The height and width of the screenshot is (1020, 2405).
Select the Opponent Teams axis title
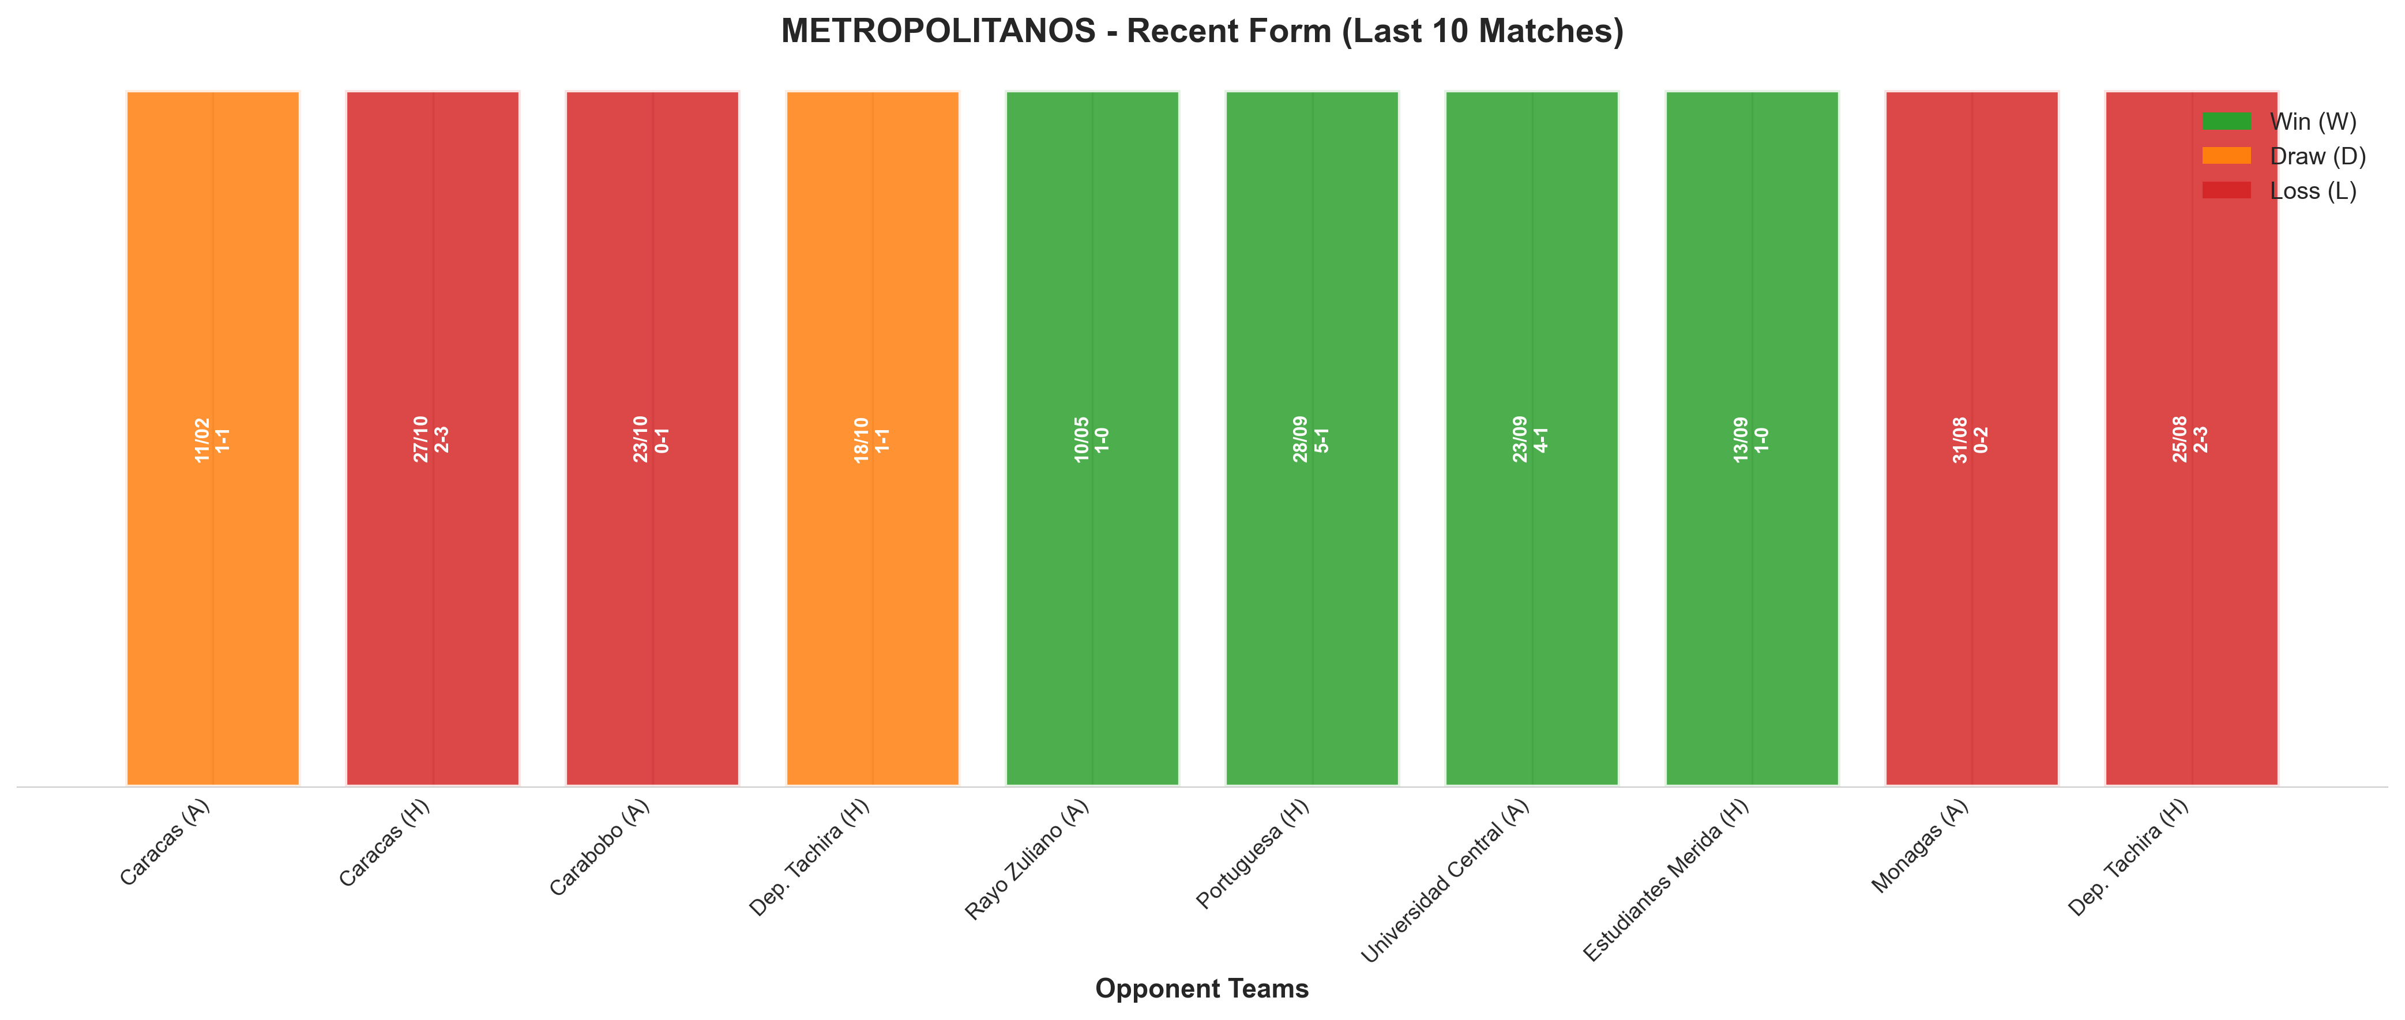point(1201,988)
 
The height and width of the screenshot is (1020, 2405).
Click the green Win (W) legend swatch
point(2227,121)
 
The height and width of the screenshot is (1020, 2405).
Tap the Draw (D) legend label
point(2318,156)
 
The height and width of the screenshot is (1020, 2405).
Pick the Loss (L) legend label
point(2313,190)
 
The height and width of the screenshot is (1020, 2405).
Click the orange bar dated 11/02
point(213,439)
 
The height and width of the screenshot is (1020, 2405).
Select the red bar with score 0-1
point(653,439)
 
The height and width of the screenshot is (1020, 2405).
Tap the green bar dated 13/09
point(1752,439)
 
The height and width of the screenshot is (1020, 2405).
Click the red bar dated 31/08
point(1972,439)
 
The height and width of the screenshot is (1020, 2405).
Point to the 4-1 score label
point(1542,439)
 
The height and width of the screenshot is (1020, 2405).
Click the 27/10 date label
point(421,439)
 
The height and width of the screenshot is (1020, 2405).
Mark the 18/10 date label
point(861,439)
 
